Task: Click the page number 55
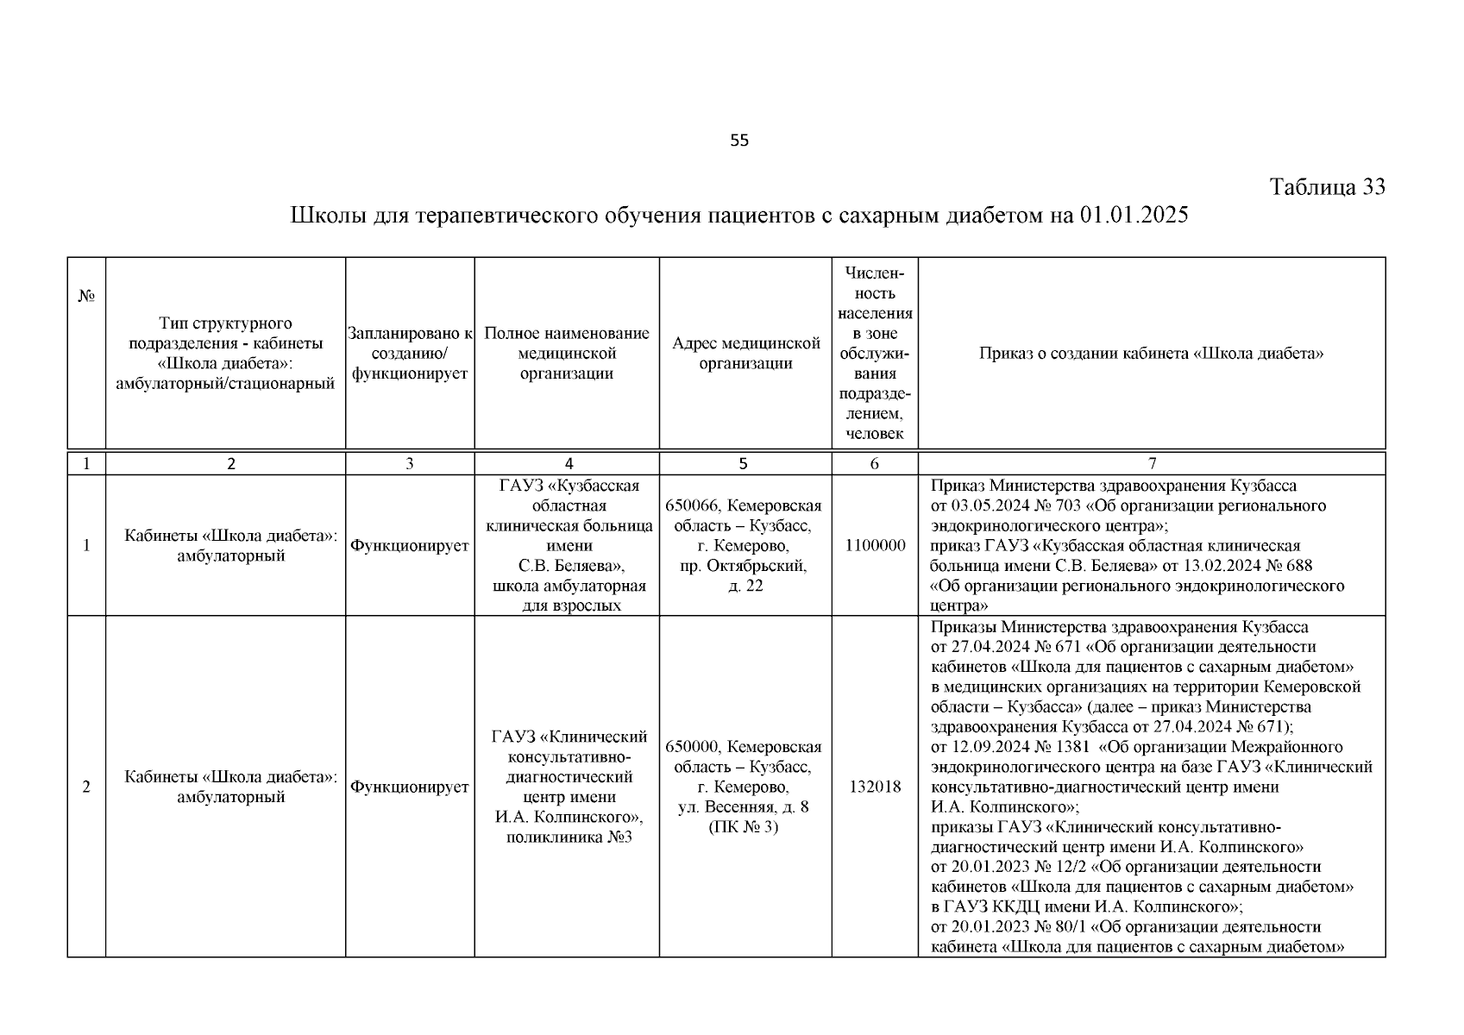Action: click(x=739, y=141)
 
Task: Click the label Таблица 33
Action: click(x=1328, y=187)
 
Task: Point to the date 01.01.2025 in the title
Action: click(x=1133, y=215)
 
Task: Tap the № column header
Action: click(x=86, y=296)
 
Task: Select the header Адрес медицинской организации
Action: click(x=745, y=353)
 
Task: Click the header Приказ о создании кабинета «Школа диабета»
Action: click(x=1151, y=353)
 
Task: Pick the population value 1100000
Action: click(x=874, y=545)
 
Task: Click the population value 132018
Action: click(x=874, y=787)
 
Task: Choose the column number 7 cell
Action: click(x=1152, y=463)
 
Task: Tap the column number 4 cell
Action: click(x=567, y=463)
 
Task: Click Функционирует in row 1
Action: click(x=410, y=546)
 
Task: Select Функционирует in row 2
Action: click(x=410, y=787)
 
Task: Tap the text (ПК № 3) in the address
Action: click(x=745, y=827)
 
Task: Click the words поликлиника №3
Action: click(x=569, y=837)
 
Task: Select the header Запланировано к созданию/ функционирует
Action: click(x=410, y=353)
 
